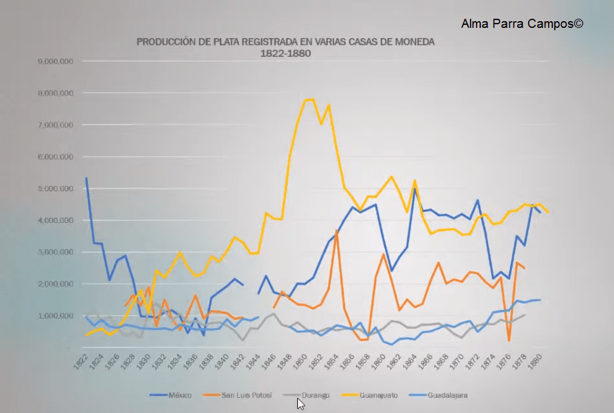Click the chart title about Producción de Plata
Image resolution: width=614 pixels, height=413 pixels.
click(285, 47)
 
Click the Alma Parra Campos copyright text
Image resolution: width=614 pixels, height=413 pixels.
click(522, 24)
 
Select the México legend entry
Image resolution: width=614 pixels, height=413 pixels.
click(171, 395)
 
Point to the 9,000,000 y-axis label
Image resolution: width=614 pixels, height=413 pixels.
click(56, 61)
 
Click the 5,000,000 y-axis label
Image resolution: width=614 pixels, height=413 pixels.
click(56, 188)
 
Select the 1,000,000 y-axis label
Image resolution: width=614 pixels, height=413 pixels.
click(56, 316)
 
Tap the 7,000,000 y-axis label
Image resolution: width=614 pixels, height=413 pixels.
click(56, 125)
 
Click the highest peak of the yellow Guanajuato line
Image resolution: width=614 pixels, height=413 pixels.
click(312, 99)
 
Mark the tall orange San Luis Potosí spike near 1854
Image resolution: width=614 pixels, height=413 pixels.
click(337, 231)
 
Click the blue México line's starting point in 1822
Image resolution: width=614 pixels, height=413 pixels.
click(86, 178)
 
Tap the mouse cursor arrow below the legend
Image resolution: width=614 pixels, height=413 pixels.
click(300, 403)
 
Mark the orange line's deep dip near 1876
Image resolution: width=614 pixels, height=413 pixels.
click(509, 340)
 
